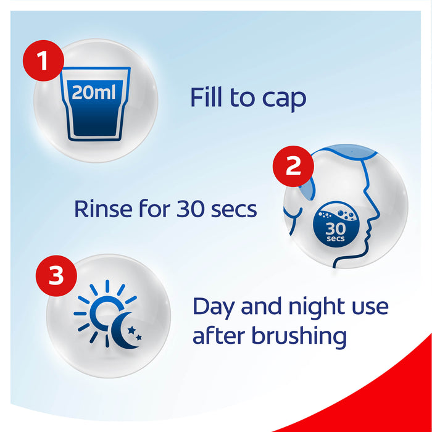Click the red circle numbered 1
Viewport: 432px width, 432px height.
click(x=44, y=60)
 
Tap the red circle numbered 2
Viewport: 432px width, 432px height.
click(x=293, y=166)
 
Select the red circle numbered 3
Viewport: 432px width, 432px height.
click(x=56, y=276)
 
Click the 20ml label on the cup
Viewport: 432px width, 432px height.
click(x=94, y=92)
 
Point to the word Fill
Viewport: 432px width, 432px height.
click(x=206, y=97)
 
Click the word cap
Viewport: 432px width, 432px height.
click(x=284, y=100)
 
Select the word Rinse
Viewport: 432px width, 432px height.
click(x=103, y=209)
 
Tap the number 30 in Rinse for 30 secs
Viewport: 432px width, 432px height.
click(x=191, y=209)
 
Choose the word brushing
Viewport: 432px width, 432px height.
click(x=299, y=337)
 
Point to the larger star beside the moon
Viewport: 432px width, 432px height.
click(x=131, y=330)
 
